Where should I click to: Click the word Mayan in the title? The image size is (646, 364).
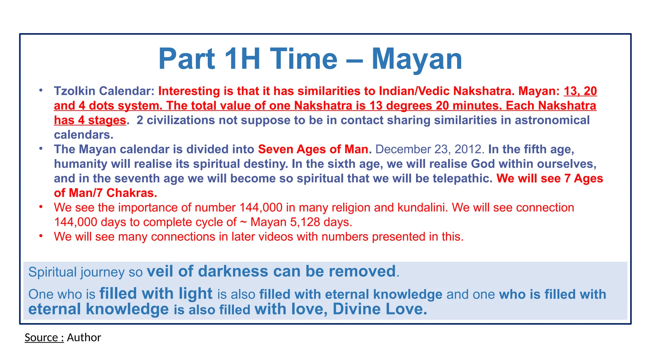(417, 59)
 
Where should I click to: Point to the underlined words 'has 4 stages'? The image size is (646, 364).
(90, 120)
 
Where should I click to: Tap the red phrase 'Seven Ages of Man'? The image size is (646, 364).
(313, 149)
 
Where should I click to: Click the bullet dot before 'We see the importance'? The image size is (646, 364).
(41, 207)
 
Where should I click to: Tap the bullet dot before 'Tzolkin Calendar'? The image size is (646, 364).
(41, 90)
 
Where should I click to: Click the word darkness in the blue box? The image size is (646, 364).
(233, 271)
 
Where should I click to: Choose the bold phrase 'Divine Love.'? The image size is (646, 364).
(380, 309)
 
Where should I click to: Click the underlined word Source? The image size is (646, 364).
(41, 337)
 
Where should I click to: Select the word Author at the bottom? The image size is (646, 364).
(84, 337)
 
